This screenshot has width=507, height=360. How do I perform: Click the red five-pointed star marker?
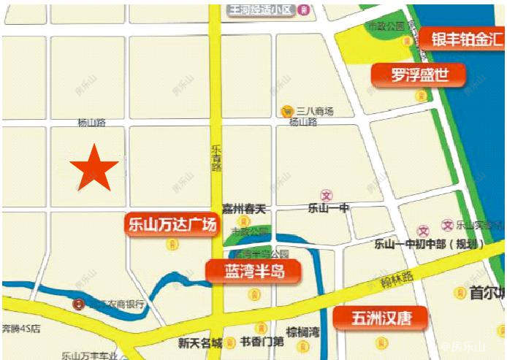(x=94, y=169)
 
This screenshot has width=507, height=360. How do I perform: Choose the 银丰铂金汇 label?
(x=462, y=38)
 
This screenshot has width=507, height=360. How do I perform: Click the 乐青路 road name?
(x=216, y=158)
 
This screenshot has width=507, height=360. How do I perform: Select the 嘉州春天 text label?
(x=245, y=210)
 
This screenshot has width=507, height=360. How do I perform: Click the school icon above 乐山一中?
(x=327, y=196)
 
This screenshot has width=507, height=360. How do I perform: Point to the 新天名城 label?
(x=200, y=342)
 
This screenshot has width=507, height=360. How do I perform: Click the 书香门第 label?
(x=262, y=342)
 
